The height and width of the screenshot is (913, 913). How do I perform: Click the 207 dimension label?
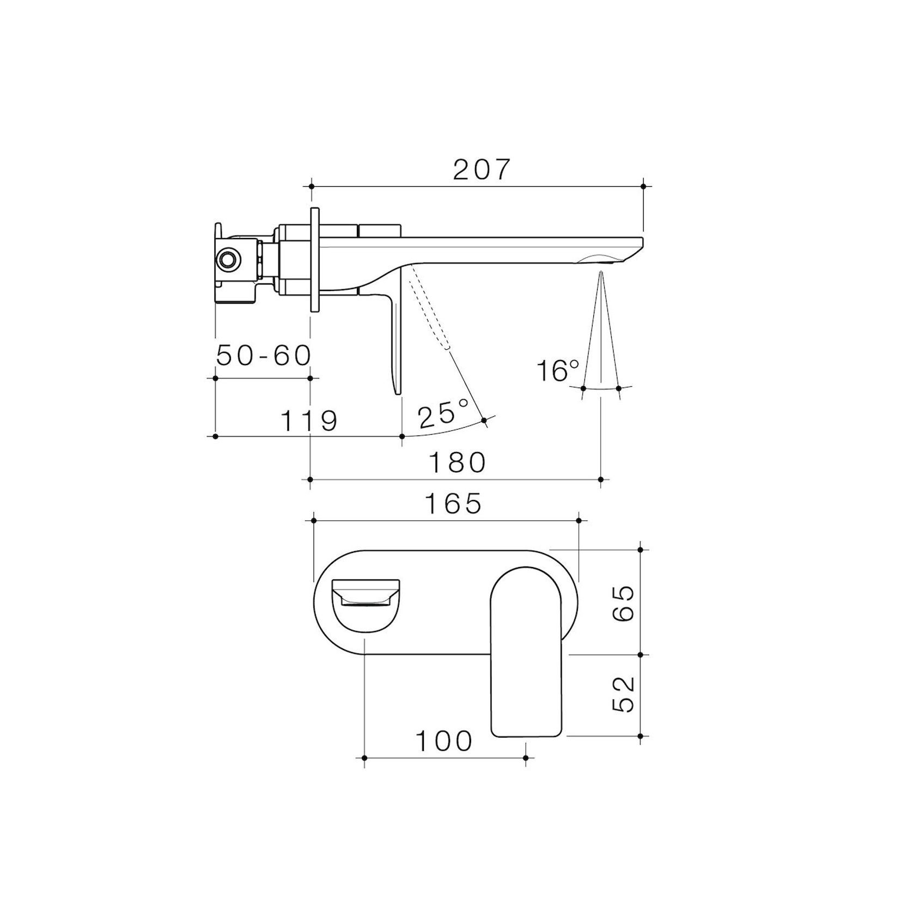point(482,170)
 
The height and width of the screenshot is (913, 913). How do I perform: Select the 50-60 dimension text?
point(264,356)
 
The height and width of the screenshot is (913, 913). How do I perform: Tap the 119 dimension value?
point(309,421)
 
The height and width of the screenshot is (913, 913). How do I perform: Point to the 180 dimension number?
point(457,462)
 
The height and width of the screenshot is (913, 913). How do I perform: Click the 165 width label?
point(453,503)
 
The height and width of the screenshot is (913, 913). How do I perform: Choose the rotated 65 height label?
point(623,603)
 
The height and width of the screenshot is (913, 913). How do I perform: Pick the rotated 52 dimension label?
point(623,694)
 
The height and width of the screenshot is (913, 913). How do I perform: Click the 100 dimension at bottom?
point(444,741)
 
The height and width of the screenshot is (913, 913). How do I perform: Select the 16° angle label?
point(557,371)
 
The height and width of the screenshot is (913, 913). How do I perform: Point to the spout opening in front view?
point(364,600)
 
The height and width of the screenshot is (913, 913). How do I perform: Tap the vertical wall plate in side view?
point(314,259)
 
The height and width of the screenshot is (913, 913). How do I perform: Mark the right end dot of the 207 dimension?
point(643,187)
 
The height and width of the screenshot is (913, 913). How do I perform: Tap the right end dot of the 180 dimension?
point(601,479)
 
